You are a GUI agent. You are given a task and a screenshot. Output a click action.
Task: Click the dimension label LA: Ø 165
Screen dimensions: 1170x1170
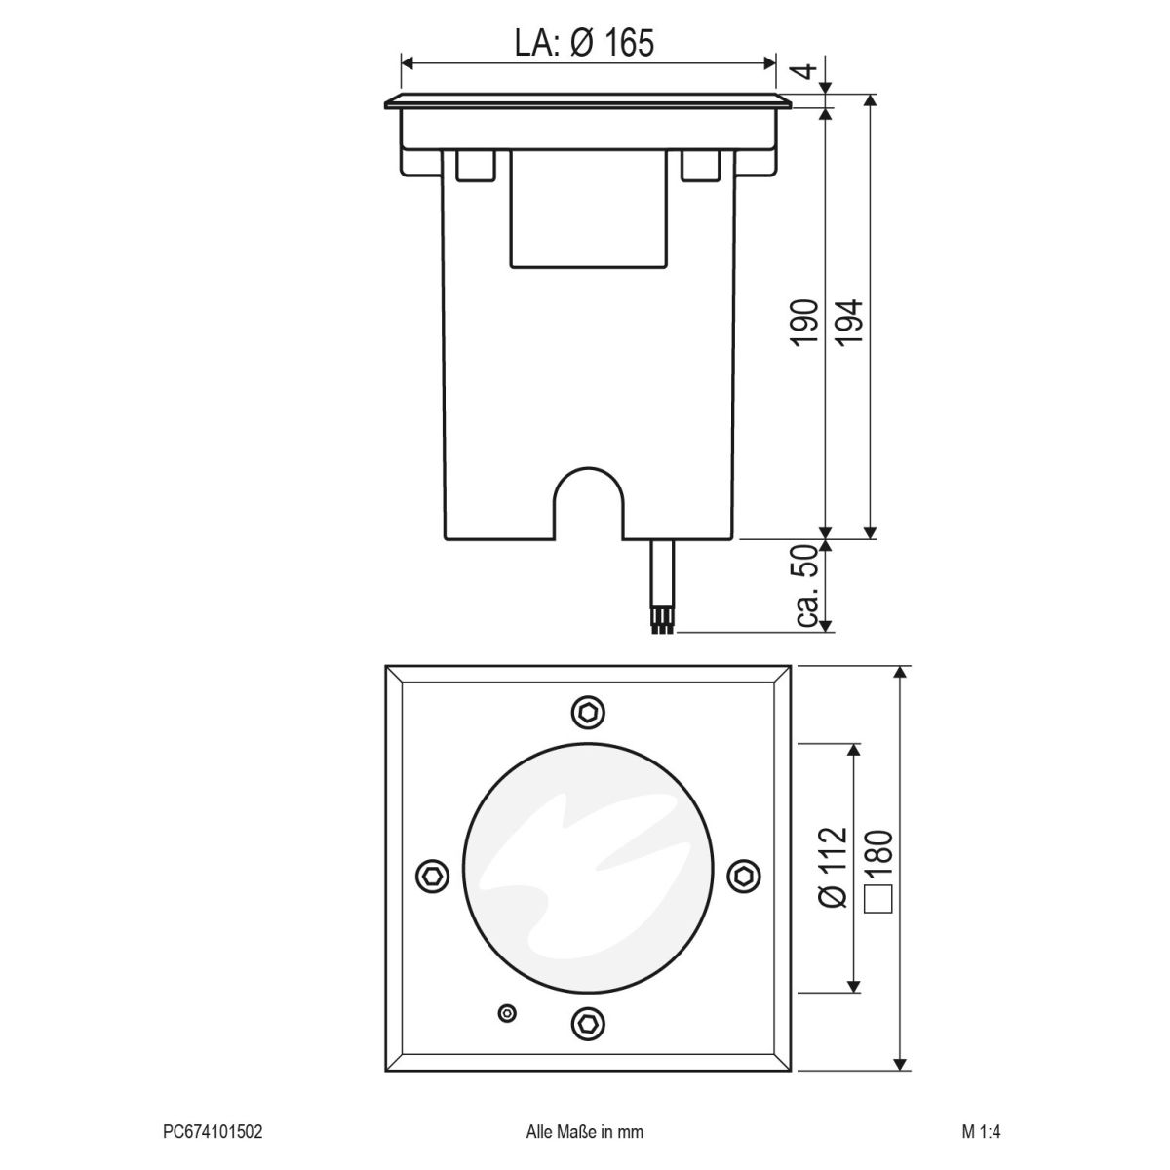pos(583,42)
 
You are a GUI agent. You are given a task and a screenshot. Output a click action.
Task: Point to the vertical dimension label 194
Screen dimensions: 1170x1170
pos(849,325)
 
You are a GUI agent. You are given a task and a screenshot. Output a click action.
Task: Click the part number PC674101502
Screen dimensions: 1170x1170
pos(212,1132)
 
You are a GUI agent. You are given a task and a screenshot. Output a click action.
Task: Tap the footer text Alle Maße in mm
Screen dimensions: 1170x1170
pos(584,1132)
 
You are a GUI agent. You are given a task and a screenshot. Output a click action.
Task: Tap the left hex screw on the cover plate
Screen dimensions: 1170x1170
pos(432,874)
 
